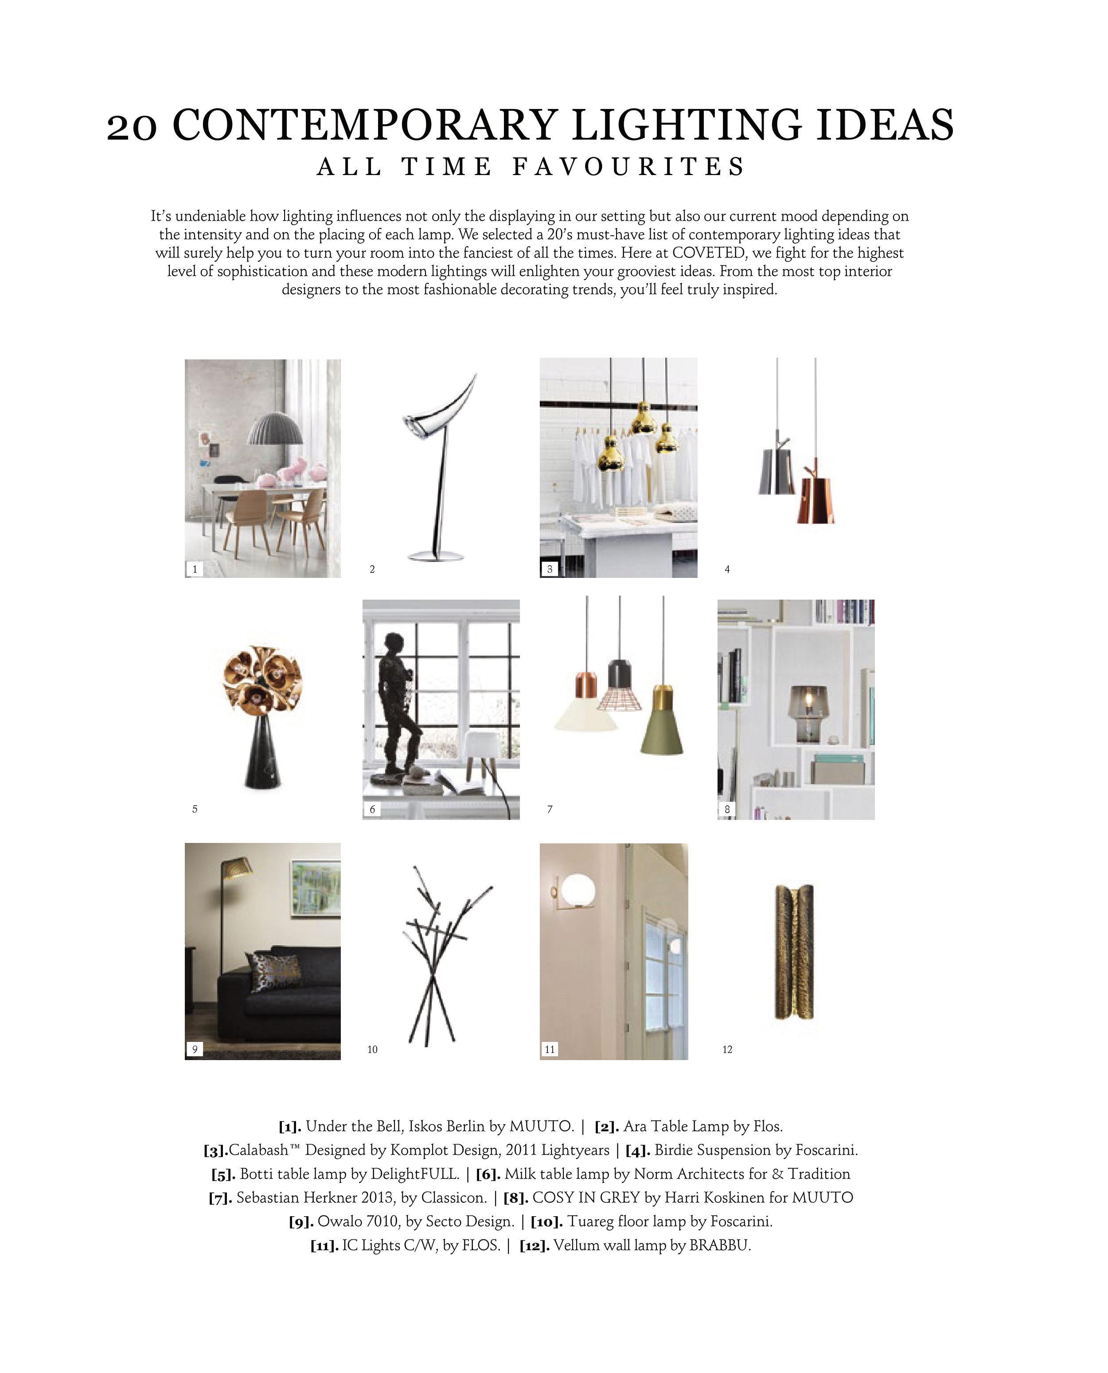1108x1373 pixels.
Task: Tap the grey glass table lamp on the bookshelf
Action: (x=808, y=713)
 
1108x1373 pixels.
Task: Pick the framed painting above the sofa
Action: (x=315, y=887)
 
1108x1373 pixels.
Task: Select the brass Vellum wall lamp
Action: (x=795, y=951)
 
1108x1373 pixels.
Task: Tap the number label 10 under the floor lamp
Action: (x=373, y=1049)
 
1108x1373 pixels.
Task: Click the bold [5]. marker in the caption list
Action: (x=223, y=1174)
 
